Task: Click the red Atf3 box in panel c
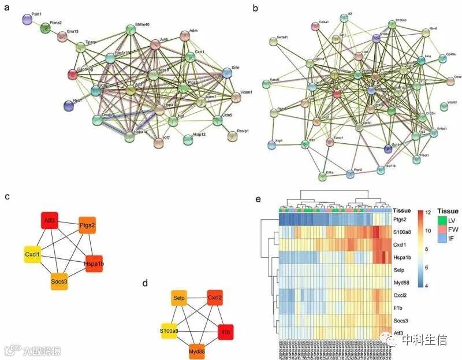[50, 220]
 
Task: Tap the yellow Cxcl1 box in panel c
[32, 254]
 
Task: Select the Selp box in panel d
[179, 298]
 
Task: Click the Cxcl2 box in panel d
[217, 298]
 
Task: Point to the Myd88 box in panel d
[198, 351]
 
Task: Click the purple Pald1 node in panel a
[27, 20]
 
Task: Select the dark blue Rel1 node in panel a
[69, 105]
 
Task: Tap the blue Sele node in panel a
[227, 72]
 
